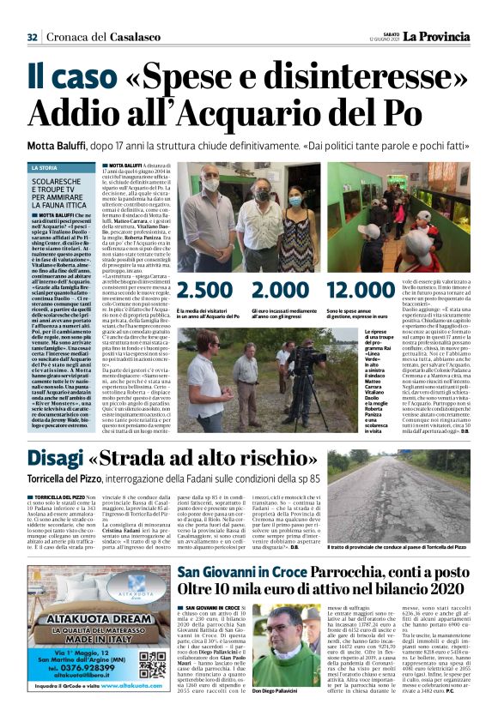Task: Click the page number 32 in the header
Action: click(32, 36)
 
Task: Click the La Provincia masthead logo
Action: click(456, 36)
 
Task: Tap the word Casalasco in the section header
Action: click(136, 37)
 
